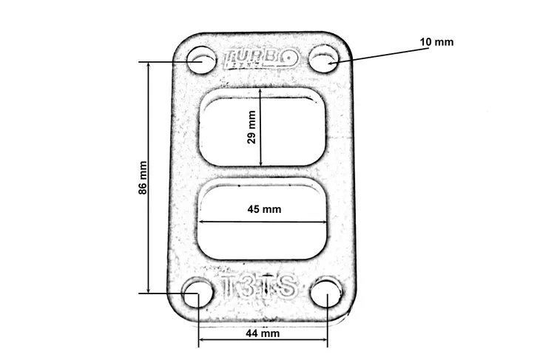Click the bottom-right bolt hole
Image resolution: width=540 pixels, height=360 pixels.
point(325,293)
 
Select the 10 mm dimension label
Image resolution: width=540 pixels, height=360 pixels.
point(436,42)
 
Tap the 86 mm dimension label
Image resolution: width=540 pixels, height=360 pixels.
point(143,178)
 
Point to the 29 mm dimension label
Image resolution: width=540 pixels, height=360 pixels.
point(252,127)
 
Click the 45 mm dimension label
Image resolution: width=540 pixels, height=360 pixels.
point(264,209)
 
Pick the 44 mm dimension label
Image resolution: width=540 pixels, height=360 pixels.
point(263,333)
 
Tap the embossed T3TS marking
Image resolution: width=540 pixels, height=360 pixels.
point(260,287)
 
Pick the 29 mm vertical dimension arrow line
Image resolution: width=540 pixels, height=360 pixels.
point(261,140)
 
